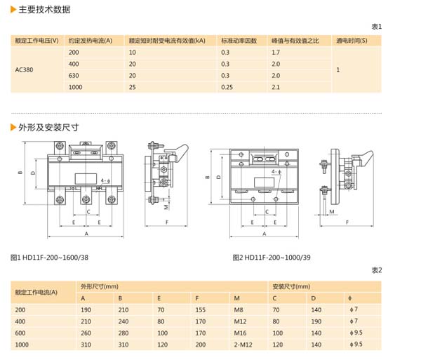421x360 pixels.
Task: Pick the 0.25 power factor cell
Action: pos(227,86)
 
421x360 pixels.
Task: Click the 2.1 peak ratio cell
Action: pos(275,86)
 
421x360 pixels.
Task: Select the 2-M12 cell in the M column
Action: pos(243,345)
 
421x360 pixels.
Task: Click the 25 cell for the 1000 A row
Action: pos(132,86)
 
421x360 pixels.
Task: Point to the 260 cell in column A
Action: pos(86,333)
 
